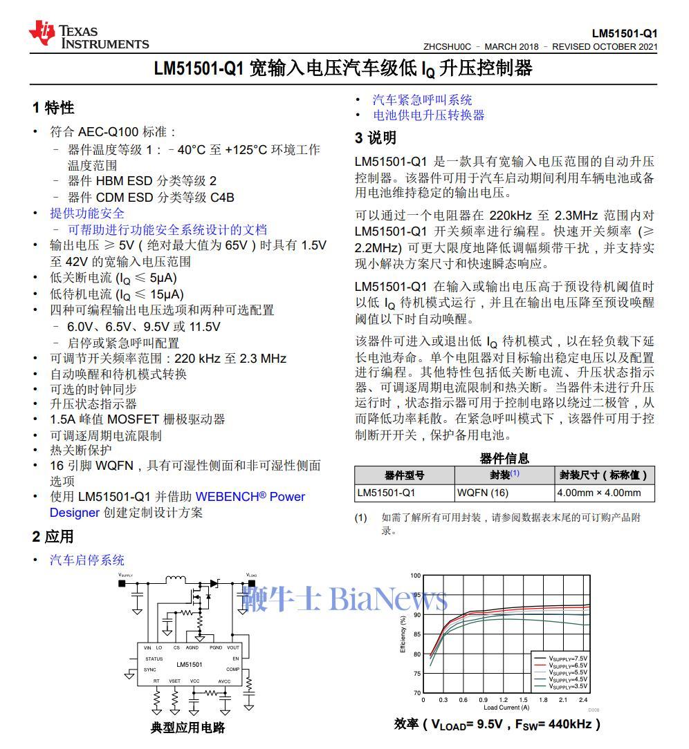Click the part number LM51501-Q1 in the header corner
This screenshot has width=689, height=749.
[624, 33]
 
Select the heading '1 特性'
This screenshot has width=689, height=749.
[53, 108]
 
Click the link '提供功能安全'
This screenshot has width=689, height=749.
[87, 214]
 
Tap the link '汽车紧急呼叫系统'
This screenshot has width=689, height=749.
[422, 100]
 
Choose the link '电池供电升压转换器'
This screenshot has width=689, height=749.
[429, 115]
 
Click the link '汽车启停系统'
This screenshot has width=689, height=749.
[87, 560]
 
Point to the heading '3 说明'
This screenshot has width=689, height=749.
[376, 138]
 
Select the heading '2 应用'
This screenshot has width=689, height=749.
[53, 537]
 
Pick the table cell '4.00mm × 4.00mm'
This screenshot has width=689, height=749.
[598, 493]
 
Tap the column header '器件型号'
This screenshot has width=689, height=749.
[405, 475]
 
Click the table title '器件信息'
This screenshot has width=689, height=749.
[504, 458]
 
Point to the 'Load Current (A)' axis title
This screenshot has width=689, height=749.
[506, 708]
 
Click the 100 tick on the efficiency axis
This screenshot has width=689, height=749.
[415, 576]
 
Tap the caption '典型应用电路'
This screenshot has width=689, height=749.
[187, 728]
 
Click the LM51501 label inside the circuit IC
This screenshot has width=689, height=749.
[189, 664]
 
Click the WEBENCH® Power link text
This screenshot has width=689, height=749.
[250, 496]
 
